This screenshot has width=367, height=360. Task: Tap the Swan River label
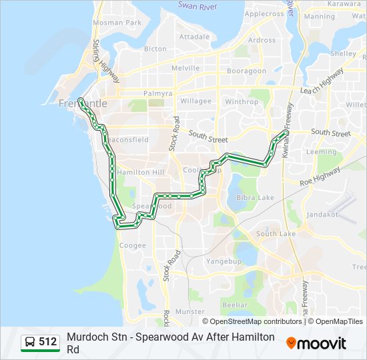(199, 5)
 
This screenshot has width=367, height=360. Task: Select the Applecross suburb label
(264, 13)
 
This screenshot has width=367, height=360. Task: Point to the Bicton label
(155, 49)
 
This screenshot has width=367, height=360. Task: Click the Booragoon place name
(246, 70)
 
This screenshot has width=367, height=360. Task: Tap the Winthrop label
(241, 102)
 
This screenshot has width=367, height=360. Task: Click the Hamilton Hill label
(139, 172)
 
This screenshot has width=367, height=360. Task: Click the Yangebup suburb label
(224, 261)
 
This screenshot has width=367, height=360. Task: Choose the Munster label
(190, 311)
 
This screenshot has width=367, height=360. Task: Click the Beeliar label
(234, 304)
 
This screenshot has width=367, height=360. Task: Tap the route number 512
(48, 343)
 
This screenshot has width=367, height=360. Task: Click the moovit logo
(316, 343)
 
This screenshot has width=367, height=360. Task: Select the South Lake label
(276, 233)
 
